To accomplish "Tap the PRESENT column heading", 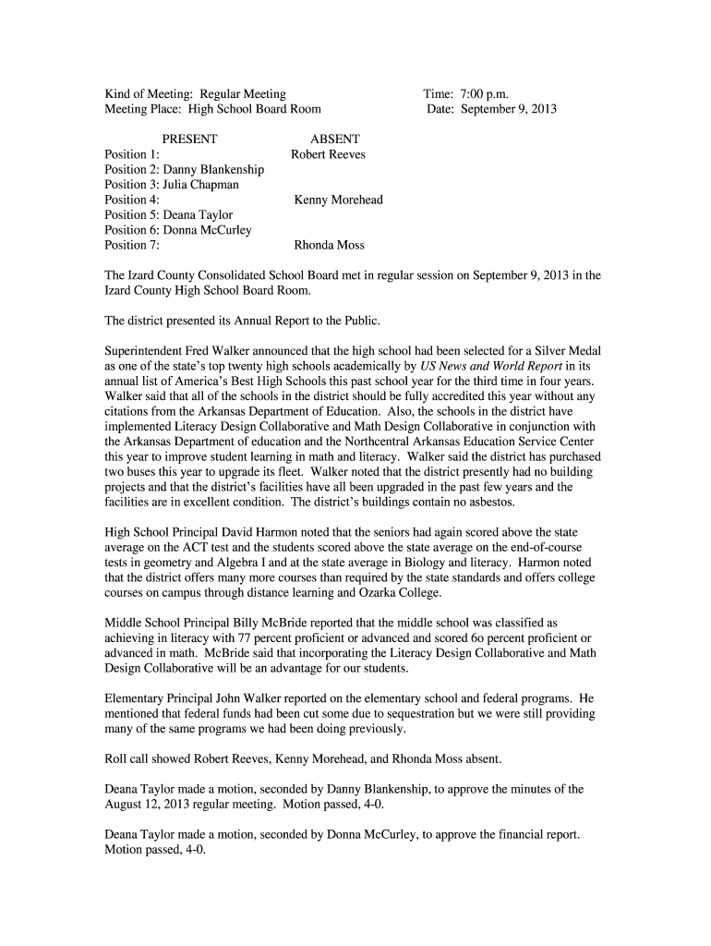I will click(x=188, y=139).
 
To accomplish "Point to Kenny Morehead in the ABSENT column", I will click(x=338, y=200).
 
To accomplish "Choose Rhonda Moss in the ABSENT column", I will click(x=329, y=245).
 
